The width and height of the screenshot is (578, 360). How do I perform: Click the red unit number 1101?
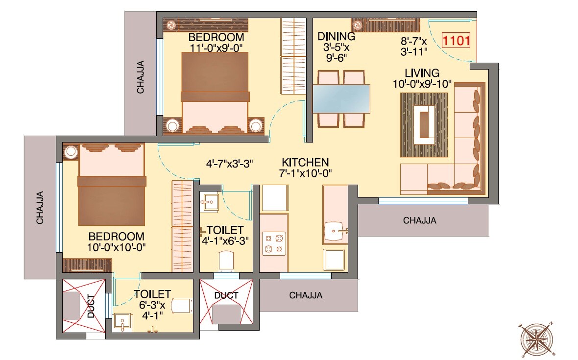tap(456, 40)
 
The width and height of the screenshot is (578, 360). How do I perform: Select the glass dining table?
tap(341, 99)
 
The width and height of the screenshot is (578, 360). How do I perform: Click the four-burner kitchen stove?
tap(274, 243)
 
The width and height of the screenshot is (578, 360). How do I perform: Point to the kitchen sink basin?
tap(336, 229)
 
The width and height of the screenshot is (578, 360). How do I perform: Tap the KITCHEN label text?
tap(305, 162)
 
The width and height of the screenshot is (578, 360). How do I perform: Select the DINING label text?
tap(336, 36)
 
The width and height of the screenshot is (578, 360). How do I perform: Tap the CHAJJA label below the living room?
tap(420, 220)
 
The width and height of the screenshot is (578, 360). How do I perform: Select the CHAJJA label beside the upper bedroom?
tap(141, 77)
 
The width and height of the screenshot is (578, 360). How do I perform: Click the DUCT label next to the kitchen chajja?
tap(226, 295)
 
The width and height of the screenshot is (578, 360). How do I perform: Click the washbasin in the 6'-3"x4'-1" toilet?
tap(121, 322)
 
